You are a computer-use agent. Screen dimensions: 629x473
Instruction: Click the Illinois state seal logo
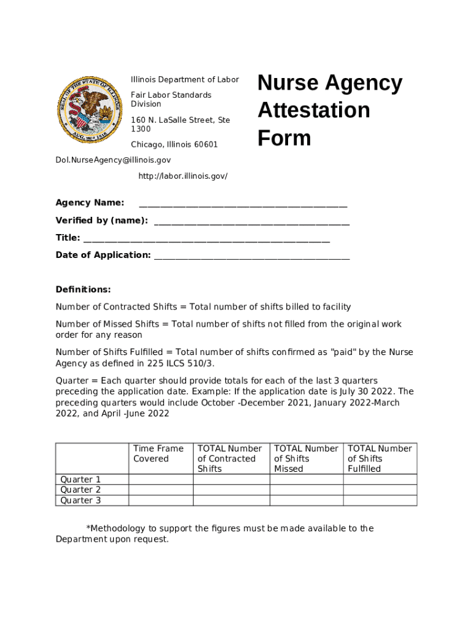click(87, 109)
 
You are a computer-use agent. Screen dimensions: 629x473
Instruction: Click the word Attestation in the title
click(313, 111)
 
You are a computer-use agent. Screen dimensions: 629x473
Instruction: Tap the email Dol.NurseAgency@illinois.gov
click(113, 160)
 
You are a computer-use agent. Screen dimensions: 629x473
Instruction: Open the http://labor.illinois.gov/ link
click(182, 176)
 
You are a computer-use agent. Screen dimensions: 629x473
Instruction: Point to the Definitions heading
click(83, 289)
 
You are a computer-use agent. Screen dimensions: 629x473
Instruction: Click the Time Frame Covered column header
click(158, 453)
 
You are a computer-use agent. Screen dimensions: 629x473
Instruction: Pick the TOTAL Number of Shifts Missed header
click(305, 458)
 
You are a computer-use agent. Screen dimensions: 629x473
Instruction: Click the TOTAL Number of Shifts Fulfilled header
click(379, 458)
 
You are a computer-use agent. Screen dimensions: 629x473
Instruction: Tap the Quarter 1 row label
click(80, 480)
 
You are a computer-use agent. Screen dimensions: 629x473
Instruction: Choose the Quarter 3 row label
click(80, 501)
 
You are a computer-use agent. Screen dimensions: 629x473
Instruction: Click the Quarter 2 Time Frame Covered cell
click(160, 490)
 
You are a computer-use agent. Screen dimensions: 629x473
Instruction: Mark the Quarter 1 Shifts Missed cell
click(306, 480)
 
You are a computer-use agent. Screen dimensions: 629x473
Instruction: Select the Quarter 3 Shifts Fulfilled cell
click(380, 501)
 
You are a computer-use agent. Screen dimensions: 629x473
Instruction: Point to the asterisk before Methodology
click(88, 528)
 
